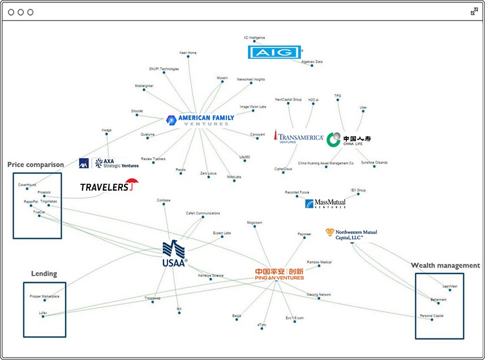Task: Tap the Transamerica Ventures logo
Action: pyautogui.click(x=298, y=138)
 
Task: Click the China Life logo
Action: pyautogui.click(x=349, y=139)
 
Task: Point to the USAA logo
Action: pyautogui.click(x=174, y=253)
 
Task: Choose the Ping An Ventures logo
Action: pyautogui.click(x=279, y=274)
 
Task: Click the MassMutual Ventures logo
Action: pyautogui.click(x=325, y=204)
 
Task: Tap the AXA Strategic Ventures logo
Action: pyautogui.click(x=109, y=163)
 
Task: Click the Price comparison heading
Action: pyautogui.click(x=36, y=165)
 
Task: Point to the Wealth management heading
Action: pyautogui.click(x=445, y=265)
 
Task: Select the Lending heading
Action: pyautogui.click(x=44, y=273)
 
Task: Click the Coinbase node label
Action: pyautogui.click(x=164, y=200)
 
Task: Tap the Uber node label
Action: pyautogui.click(x=363, y=108)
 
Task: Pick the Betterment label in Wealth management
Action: pyautogui.click(x=439, y=299)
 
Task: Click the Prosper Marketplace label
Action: pyautogui.click(x=44, y=297)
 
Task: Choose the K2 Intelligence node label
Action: pyautogui.click(x=254, y=37)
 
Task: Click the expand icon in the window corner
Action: pyautogui.click(x=474, y=11)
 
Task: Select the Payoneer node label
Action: pyautogui.click(x=304, y=234)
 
